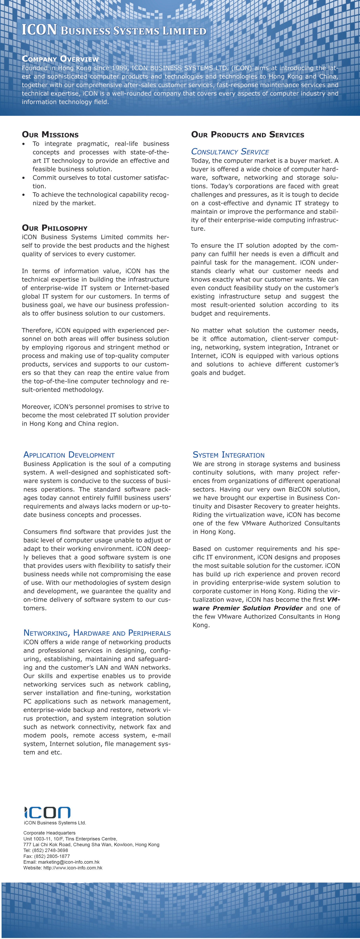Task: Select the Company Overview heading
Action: [60, 59]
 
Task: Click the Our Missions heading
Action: [50, 134]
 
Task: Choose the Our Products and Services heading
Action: [247, 134]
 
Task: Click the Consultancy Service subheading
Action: [230, 152]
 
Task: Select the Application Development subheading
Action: [69, 455]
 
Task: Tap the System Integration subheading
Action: [228, 455]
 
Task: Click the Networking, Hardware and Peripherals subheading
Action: [97, 633]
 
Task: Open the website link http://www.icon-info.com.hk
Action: [73, 868]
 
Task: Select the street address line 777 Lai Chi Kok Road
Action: [91, 845]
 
